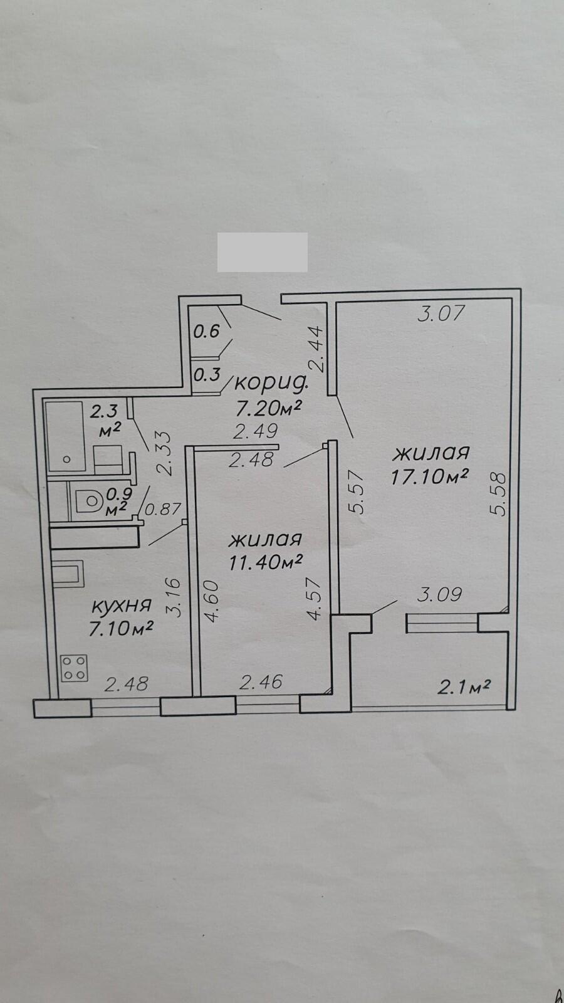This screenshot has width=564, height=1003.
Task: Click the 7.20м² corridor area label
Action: [x=266, y=407]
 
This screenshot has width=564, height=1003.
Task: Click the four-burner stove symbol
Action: [x=75, y=668]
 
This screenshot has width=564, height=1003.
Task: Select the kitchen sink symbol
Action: [x=67, y=573]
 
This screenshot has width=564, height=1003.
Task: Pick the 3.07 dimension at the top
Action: [x=442, y=313]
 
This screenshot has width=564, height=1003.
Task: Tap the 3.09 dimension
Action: [x=439, y=595]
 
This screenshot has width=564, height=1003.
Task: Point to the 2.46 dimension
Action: [x=261, y=683]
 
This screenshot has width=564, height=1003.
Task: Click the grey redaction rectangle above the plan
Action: [x=263, y=252]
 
